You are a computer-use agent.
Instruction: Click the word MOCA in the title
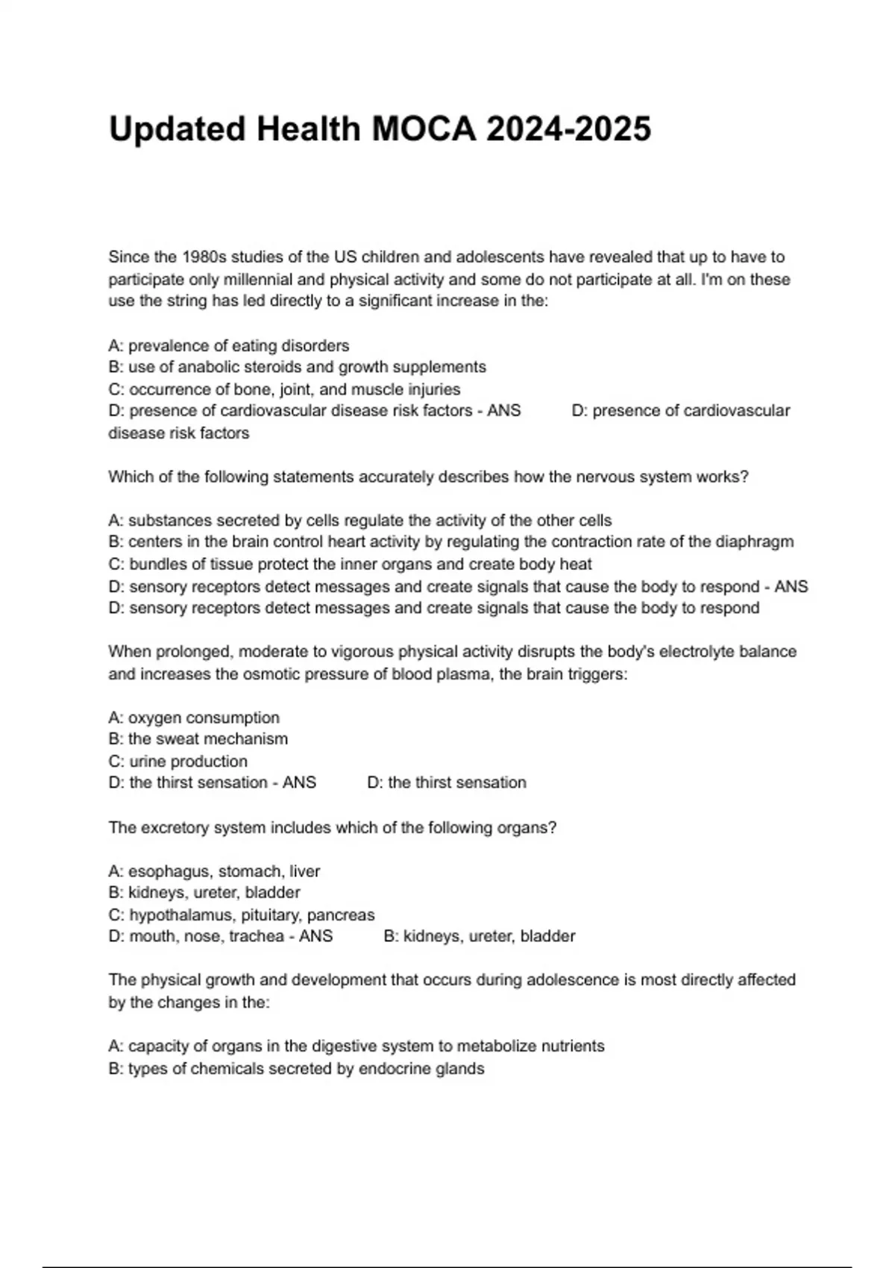tap(424, 129)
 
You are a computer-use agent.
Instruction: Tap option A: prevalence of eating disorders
tap(229, 346)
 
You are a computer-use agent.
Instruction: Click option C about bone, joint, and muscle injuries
tap(284, 389)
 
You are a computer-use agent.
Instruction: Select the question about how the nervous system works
tap(428, 477)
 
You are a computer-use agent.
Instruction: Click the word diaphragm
tap(755, 542)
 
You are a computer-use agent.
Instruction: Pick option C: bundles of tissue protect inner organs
tap(350, 564)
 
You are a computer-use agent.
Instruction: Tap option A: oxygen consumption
tap(194, 718)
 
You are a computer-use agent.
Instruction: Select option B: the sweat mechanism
tap(198, 739)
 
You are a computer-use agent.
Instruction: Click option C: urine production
tap(178, 762)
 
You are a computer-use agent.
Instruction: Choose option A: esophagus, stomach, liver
tap(214, 871)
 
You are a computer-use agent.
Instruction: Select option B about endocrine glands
tap(296, 1069)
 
